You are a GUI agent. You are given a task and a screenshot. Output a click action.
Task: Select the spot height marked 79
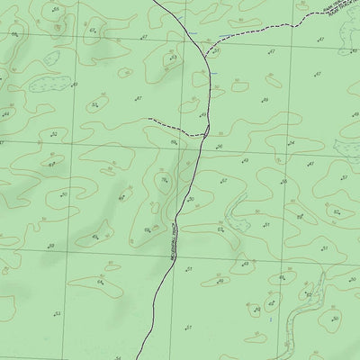click(164, 179)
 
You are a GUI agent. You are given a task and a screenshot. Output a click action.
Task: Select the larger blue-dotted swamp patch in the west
click(43, 84)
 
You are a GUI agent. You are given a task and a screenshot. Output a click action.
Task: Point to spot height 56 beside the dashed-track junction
click(219, 146)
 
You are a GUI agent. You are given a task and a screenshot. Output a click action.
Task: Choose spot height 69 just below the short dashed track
click(174, 142)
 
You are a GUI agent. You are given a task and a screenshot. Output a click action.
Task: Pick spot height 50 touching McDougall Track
click(190, 199)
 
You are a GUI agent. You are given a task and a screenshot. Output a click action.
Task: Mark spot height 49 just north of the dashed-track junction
click(204, 115)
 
